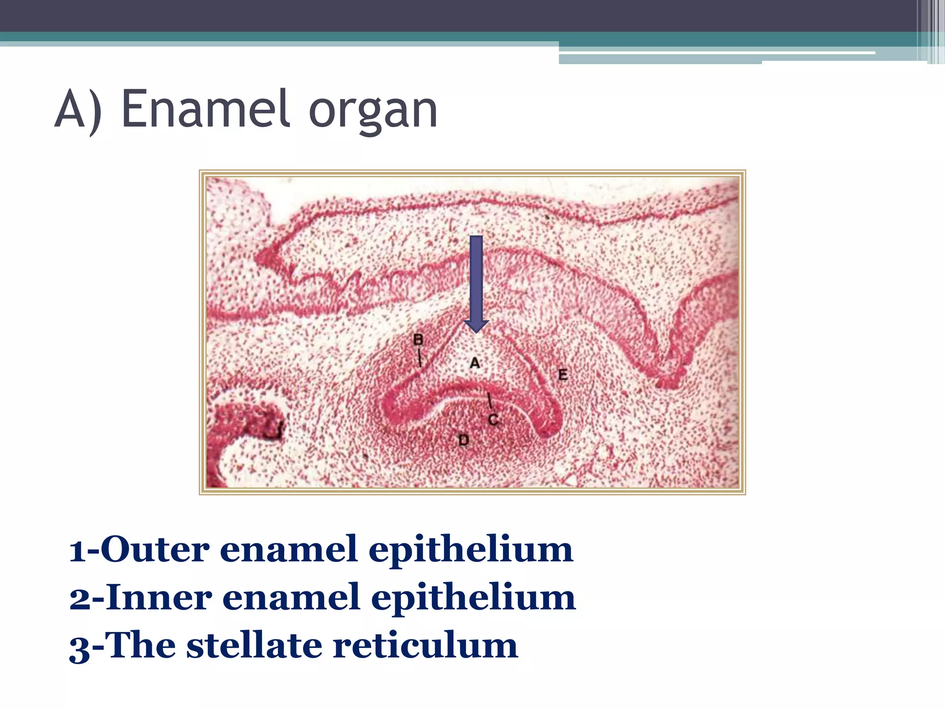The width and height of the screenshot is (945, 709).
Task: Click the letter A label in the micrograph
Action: (x=475, y=363)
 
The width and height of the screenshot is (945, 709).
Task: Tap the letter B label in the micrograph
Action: (x=418, y=340)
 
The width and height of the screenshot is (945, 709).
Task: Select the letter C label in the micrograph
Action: (x=493, y=420)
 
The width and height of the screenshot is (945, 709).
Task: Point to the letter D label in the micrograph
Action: (x=463, y=440)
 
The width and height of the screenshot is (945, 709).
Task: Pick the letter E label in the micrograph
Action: (x=562, y=374)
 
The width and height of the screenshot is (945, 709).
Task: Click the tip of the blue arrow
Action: (x=476, y=331)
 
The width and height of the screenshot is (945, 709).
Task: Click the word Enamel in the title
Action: (x=206, y=109)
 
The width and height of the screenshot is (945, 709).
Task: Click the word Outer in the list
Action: (x=155, y=549)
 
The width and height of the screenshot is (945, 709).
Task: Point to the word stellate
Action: (x=254, y=645)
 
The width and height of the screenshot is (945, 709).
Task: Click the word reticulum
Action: (x=425, y=645)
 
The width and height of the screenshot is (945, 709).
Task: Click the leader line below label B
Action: (x=419, y=358)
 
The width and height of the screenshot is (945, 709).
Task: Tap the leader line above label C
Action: (x=490, y=402)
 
